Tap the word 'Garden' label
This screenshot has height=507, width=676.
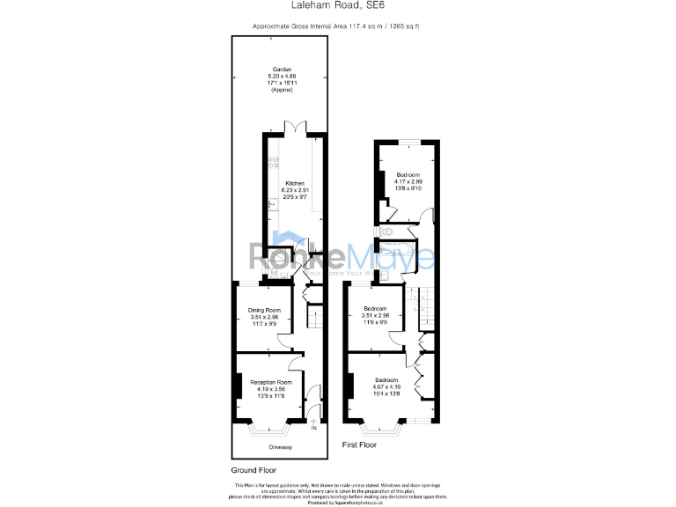(281, 70)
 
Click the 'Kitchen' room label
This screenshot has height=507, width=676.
(294, 183)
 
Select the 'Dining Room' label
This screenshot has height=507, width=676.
(263, 310)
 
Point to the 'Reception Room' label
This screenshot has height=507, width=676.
(270, 382)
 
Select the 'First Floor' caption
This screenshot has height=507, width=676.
(359, 446)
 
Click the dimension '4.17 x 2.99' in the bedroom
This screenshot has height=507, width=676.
(407, 181)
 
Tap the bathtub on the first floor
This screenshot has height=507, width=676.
(394, 249)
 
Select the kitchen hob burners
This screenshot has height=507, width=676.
(272, 162)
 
